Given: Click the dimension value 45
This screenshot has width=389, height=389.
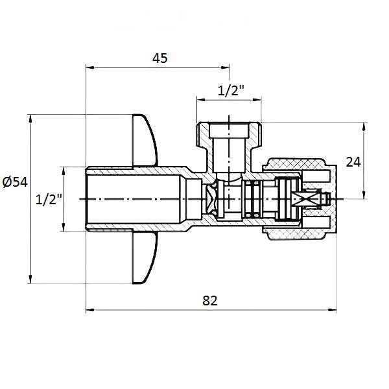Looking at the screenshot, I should pyautogui.click(x=160, y=58).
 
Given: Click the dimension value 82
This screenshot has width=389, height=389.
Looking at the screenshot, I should pyautogui.click(x=209, y=301).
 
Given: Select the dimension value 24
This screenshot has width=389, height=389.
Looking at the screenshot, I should pyautogui.click(x=353, y=161).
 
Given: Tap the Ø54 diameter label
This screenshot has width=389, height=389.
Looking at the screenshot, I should pyautogui.click(x=15, y=182).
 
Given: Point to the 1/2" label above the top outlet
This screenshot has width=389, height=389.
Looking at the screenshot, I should pyautogui.click(x=230, y=91).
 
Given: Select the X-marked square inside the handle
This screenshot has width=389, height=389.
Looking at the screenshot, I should pyautogui.click(x=302, y=199).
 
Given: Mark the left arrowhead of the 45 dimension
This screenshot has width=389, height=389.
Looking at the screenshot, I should pyautogui.click(x=89, y=67).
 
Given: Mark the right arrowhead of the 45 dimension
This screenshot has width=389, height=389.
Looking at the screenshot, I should pyautogui.click(x=226, y=67).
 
